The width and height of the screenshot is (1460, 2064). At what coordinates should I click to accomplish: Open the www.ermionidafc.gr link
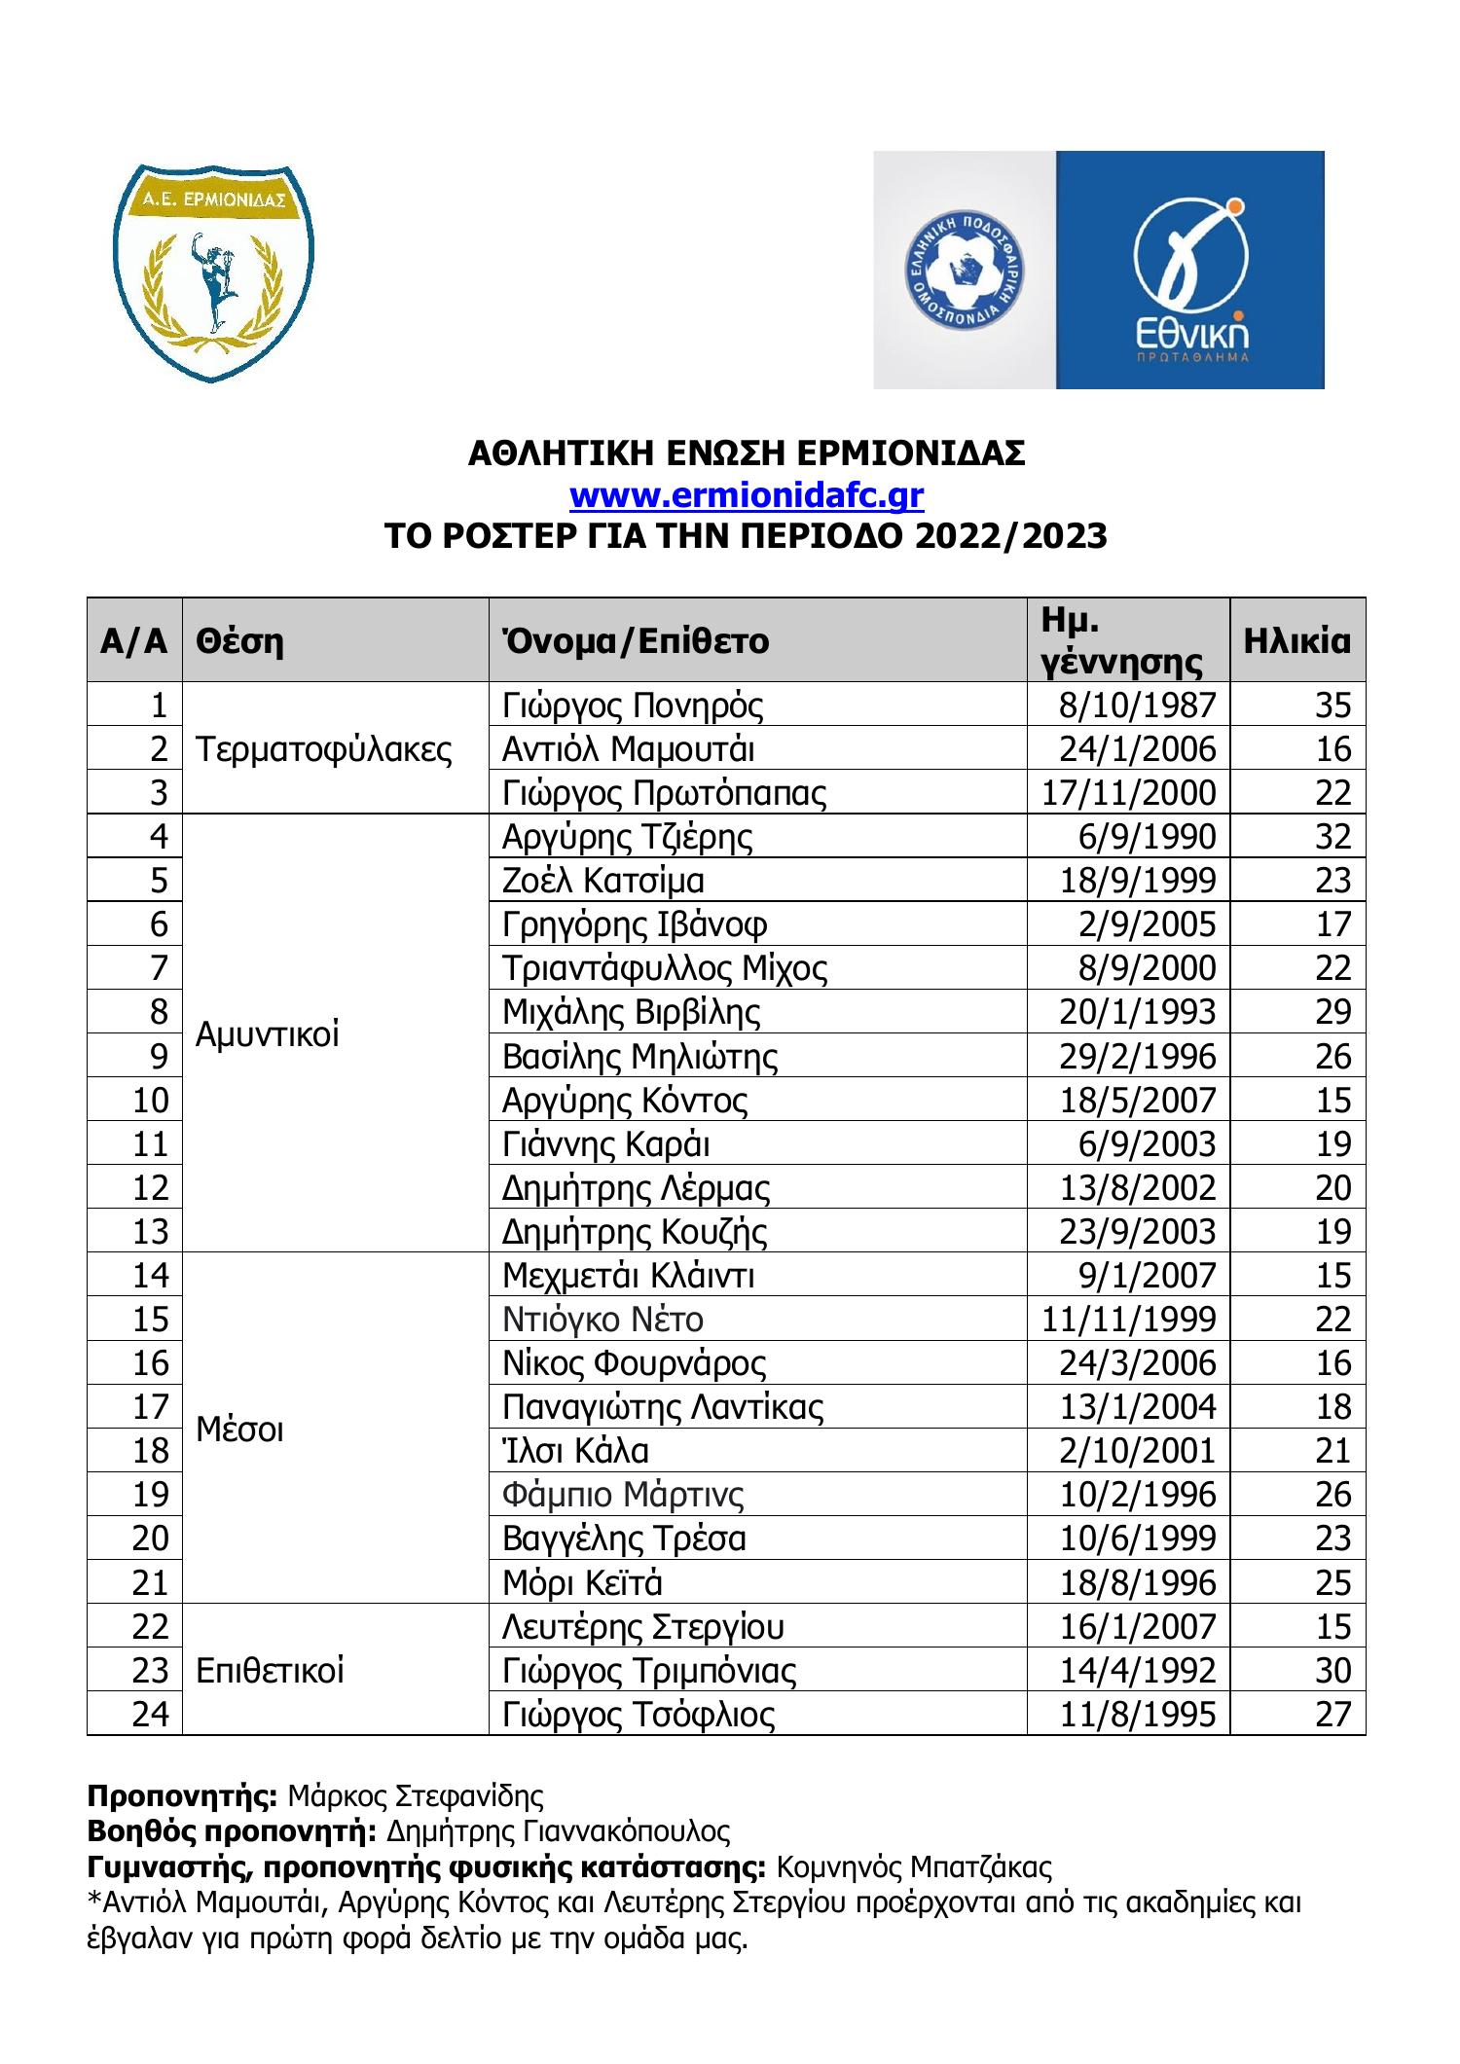point(746,495)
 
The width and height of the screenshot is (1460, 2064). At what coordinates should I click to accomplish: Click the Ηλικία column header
point(1296,640)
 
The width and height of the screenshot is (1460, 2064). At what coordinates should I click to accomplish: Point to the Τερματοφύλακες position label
point(324,748)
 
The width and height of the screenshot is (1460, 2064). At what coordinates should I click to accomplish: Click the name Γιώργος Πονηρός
point(633,705)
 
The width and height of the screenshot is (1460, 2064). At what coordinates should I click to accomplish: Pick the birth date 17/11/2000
point(1129,792)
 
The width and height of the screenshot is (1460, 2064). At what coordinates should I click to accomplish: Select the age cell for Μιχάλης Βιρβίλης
point(1332,1012)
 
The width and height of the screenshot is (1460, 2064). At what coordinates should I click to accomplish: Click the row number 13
point(150,1231)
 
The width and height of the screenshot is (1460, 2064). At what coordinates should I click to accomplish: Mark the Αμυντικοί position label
point(268,1034)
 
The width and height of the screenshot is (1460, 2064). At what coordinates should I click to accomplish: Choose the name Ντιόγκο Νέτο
point(602,1319)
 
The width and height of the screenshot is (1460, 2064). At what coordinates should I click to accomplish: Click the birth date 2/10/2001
point(1138,1450)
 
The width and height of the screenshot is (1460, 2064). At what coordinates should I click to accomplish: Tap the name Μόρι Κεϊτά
point(582,1582)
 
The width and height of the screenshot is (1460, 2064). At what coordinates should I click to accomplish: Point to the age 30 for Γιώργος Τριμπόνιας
point(1332,1670)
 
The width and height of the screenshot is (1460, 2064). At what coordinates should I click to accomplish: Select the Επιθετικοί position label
point(270,1670)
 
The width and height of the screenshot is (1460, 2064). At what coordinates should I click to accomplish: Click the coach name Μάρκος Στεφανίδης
point(416,1794)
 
